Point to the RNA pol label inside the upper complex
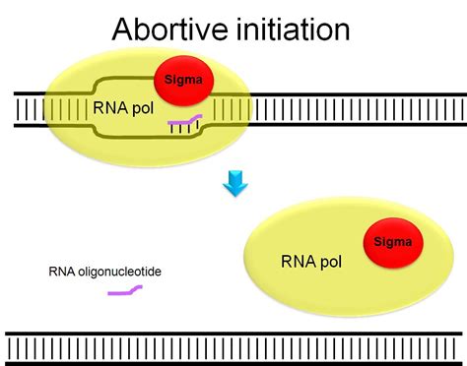120,109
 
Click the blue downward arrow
233,183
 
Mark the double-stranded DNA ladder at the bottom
233,346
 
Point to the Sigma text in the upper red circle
181,85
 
